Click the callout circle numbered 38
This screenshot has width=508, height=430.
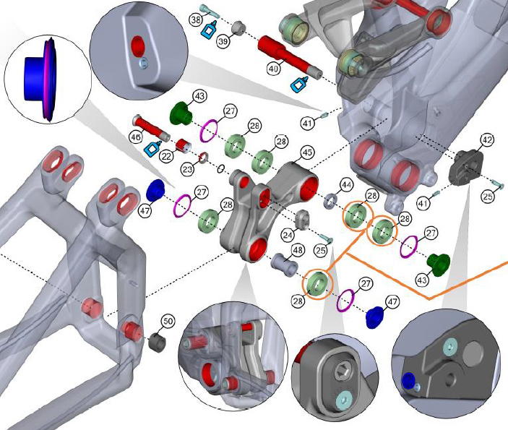tap(196, 21)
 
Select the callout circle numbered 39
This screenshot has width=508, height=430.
tap(243, 43)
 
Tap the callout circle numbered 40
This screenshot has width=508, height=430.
tap(272, 69)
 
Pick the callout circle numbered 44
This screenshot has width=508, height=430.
tap(347, 185)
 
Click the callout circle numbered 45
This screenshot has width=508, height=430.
tap(306, 152)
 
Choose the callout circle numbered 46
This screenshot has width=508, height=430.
tap(136, 137)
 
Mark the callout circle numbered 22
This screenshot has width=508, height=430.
tap(167, 157)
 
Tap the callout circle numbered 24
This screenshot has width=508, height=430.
tap(288, 235)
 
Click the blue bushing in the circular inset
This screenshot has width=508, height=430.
tap(34, 77)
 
